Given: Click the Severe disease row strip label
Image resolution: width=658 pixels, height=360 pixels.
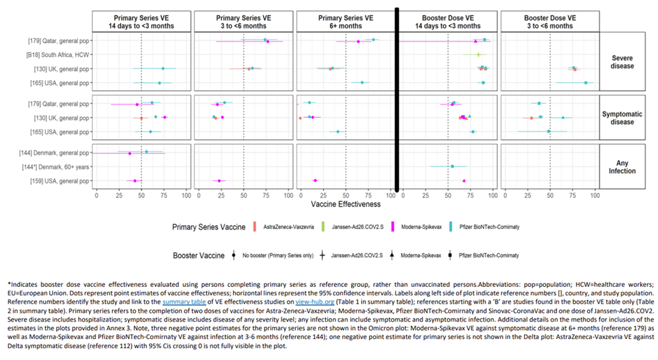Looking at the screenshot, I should click(x=619, y=61).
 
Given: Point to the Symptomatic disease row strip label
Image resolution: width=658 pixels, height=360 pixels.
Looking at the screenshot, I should click(x=619, y=118).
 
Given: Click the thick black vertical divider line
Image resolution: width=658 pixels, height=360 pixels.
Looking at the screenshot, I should click(x=398, y=97).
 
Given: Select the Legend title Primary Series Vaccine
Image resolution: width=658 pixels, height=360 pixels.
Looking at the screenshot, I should click(x=198, y=227).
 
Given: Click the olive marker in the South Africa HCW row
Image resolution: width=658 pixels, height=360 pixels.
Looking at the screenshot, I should click(x=478, y=54).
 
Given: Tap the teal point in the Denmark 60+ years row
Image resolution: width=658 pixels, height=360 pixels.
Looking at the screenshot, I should click(x=453, y=166).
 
